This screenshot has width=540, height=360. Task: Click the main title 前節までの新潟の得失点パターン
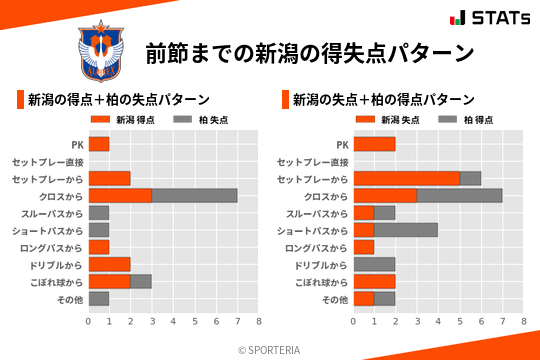coord(309,52)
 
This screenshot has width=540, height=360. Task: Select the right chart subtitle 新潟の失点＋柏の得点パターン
coord(383,100)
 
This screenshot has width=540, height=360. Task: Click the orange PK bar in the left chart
coord(99,144)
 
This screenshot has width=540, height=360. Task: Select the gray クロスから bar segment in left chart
coord(195,195)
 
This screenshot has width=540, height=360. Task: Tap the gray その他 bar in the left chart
coord(99,298)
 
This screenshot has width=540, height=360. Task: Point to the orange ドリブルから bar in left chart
coord(110,264)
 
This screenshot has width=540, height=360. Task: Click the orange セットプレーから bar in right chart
coord(407,178)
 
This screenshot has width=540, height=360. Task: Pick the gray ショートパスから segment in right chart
coord(407,230)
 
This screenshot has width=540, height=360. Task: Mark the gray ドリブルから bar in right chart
coord(375,264)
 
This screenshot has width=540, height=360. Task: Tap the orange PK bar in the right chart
coord(375,144)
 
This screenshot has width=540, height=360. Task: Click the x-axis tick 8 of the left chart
coord(258,321)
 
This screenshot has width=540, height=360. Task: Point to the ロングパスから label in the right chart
coord(317,247)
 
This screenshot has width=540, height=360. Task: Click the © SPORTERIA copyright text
coord(269,349)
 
